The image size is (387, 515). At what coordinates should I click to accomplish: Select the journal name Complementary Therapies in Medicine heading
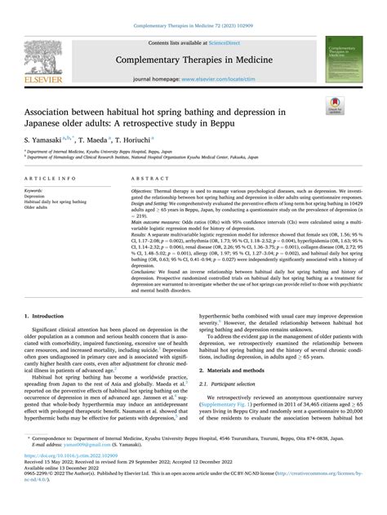(x=193, y=59)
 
